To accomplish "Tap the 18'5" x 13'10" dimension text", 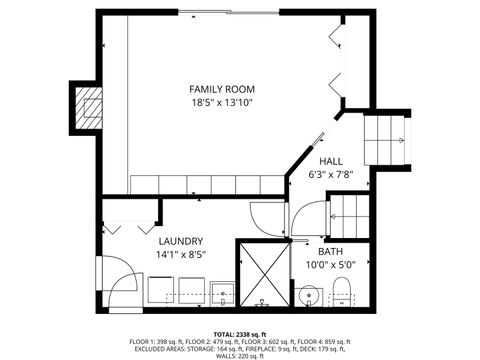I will point(223,102).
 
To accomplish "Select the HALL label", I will point(331,161).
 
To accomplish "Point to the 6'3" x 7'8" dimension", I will point(331,175).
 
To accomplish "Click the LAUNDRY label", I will point(181,241).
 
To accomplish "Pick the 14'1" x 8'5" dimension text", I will point(181,255).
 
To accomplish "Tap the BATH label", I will point(331,251).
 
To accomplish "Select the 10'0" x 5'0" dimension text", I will point(331,265).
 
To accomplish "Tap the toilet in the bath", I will point(342,293).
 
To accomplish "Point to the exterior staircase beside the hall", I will point(385,140).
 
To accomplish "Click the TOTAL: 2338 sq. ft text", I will point(239,333).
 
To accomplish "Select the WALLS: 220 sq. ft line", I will point(239,355).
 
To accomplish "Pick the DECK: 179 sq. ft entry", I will point(325,348).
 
